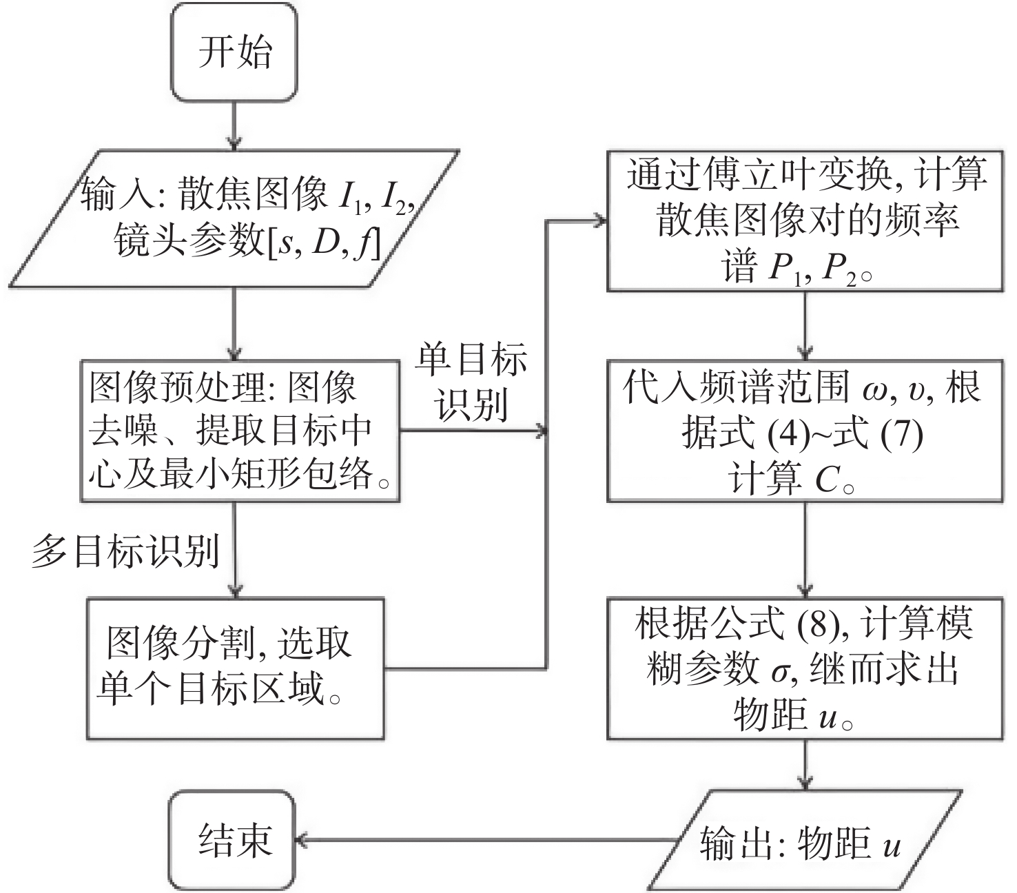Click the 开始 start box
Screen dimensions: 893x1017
pyautogui.click(x=234, y=52)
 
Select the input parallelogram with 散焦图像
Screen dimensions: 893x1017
pyautogui.click(x=234, y=217)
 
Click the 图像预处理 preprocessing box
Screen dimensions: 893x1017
pyautogui.click(x=240, y=431)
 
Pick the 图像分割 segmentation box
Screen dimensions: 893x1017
pyautogui.click(x=235, y=668)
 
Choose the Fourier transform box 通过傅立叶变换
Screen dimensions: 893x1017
pyautogui.click(x=804, y=220)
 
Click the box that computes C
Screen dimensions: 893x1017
pyautogui.click(x=804, y=431)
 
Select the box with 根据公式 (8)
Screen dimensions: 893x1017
pyautogui.click(x=804, y=668)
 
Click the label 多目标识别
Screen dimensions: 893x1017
pyautogui.click(x=125, y=551)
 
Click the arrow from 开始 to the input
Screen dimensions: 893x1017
pyautogui.click(x=234, y=124)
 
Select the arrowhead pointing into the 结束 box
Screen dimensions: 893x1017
pyautogui.click(x=302, y=840)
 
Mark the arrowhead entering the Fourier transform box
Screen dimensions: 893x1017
pyautogui.click(x=599, y=221)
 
